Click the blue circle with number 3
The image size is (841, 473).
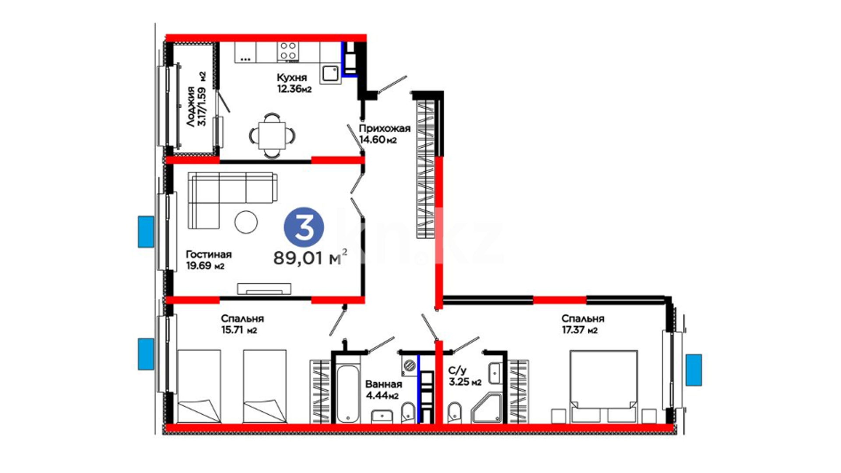304,227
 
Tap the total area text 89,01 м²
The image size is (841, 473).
311,258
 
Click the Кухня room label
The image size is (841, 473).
292,78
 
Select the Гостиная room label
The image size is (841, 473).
208,254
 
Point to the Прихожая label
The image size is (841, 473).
385,128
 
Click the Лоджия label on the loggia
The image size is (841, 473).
191,106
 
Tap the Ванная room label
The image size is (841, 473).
383,384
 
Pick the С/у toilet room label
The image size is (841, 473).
457,371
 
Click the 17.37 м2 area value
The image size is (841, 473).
580,330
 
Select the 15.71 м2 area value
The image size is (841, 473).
239,330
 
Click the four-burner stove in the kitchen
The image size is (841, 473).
288,51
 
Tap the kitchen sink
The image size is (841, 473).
330,74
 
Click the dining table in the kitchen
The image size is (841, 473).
272,135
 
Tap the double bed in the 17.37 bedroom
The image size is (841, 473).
604,386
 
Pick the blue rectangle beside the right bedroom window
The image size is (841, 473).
694,370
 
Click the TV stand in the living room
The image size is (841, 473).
264,289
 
